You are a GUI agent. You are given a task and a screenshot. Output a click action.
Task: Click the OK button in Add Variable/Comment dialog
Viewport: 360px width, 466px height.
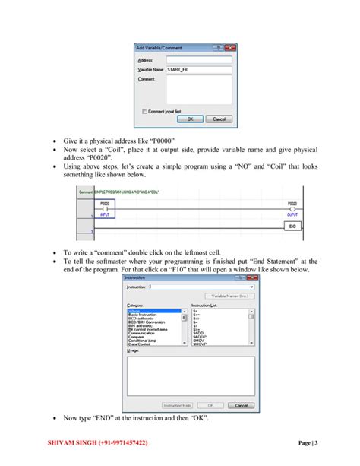tap(189, 119)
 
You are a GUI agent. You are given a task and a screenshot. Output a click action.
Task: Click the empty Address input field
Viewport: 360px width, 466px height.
tap(199, 59)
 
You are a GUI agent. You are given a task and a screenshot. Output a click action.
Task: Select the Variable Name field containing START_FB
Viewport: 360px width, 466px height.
tap(199, 69)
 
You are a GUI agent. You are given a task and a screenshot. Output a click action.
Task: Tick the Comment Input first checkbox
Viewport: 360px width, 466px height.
tap(144, 111)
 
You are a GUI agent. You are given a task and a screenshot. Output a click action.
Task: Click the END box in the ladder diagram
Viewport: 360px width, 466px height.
tap(292, 226)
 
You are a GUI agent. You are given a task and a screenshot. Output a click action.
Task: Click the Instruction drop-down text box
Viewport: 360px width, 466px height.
tap(201, 287)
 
